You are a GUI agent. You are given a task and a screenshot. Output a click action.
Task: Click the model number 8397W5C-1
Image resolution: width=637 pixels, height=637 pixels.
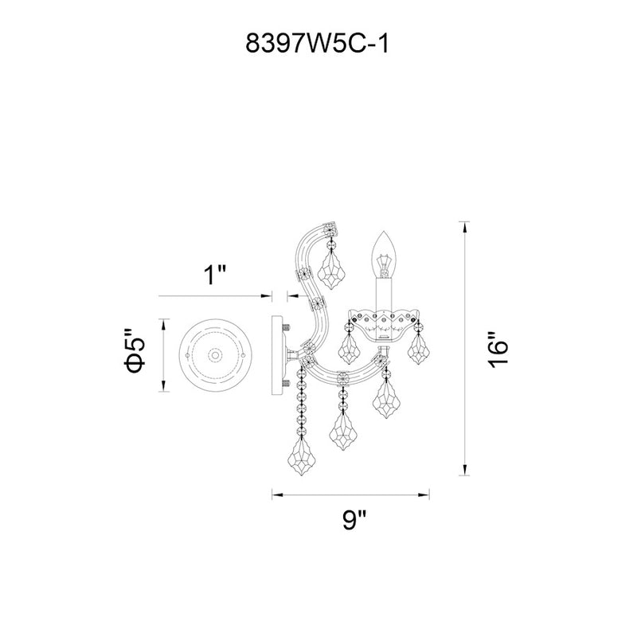click(x=317, y=44)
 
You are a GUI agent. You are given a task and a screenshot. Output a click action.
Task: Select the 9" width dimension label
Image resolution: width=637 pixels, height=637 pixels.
click(x=354, y=520)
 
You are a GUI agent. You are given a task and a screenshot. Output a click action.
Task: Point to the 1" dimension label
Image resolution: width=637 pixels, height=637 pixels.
click(x=214, y=275)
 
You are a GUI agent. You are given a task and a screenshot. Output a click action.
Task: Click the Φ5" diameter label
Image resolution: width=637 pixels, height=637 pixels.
click(x=135, y=350)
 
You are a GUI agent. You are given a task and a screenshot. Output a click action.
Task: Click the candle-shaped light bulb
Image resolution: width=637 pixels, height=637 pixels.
click(x=384, y=255)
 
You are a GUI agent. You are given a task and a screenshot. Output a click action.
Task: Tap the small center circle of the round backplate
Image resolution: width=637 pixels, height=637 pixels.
click(x=215, y=355)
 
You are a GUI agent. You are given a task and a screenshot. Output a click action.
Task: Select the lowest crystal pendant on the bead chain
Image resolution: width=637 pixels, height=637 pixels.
click(x=302, y=456)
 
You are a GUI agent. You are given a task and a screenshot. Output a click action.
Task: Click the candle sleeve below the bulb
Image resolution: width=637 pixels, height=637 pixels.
click(x=384, y=295)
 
